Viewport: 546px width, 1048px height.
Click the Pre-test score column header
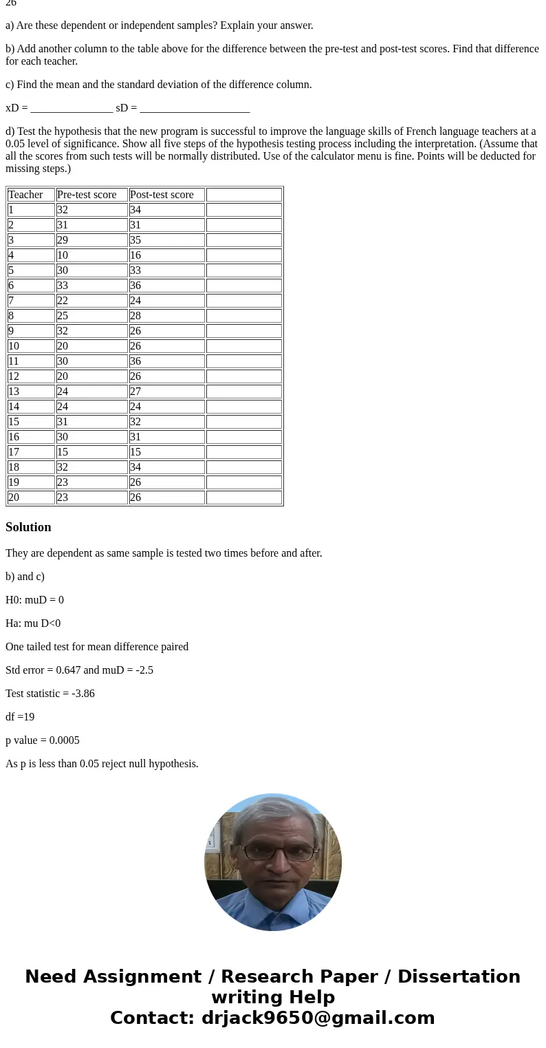[x=87, y=195]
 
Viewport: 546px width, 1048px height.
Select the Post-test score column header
[x=162, y=195]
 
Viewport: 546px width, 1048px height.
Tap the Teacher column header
[x=26, y=195]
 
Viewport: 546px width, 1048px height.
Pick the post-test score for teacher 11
[x=135, y=361]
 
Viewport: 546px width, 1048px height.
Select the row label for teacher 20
[x=14, y=498]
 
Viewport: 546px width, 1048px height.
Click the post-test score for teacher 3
[x=135, y=240]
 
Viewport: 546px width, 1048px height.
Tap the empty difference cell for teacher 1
[x=244, y=210]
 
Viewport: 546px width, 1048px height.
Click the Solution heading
[x=28, y=527]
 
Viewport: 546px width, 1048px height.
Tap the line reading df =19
[x=20, y=717]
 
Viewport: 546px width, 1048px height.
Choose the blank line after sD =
[x=195, y=109]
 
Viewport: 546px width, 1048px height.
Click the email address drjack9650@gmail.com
[x=318, y=1018]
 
